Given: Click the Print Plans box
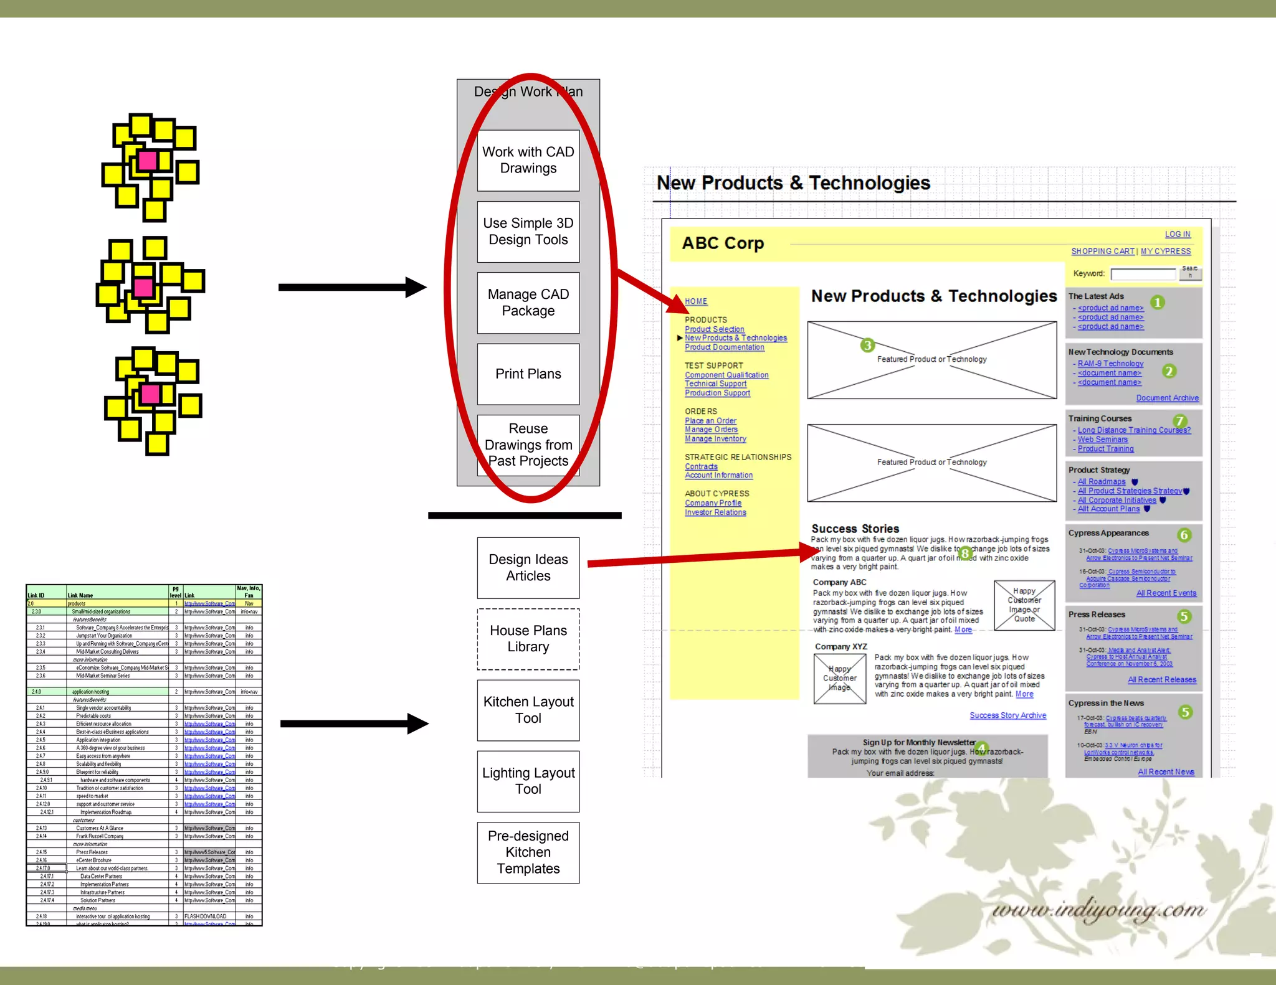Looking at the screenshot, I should (x=528, y=374).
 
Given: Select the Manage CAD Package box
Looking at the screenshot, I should (x=528, y=303).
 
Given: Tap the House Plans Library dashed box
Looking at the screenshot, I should (x=528, y=639).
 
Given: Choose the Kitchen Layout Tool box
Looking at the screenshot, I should (x=528, y=710).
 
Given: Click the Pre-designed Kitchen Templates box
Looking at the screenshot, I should (x=528, y=852).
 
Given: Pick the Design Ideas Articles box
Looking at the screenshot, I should (x=528, y=568).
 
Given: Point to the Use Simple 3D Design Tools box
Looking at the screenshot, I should (x=528, y=231).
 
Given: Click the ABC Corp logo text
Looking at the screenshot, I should (x=723, y=243).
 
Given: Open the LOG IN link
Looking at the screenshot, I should (x=1178, y=234).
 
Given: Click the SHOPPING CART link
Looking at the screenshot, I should (x=1102, y=251).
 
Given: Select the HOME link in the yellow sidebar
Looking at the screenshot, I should (x=696, y=301).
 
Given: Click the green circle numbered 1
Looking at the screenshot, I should (x=1157, y=303).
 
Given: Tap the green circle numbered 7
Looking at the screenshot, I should (x=1179, y=421).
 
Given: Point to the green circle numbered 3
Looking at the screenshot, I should (x=867, y=345).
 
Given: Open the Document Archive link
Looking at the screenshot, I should (x=1167, y=398).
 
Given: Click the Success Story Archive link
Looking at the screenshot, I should (x=1007, y=715).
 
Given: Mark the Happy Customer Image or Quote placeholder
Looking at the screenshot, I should (x=1024, y=605).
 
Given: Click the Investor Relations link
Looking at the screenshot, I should (x=715, y=512).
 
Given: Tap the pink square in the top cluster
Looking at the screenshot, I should (x=148, y=161).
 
